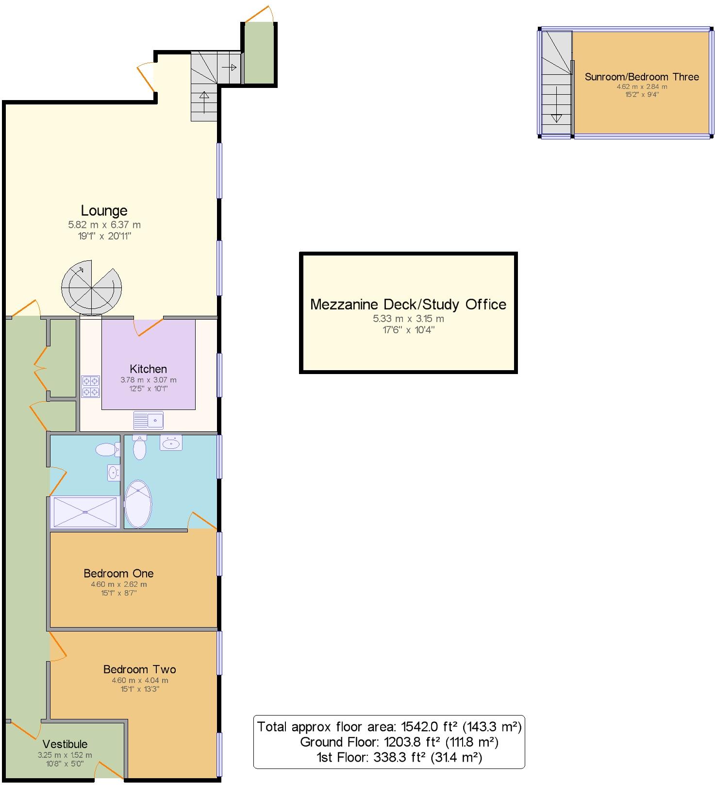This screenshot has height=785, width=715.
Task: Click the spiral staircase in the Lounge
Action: [x=91, y=290]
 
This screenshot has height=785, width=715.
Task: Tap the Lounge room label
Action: [x=104, y=210]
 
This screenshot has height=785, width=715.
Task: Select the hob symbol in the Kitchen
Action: [x=91, y=387]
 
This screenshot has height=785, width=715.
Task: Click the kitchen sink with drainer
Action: [x=149, y=420]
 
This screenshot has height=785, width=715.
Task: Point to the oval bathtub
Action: [x=138, y=504]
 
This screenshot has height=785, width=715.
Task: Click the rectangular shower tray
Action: [x=85, y=512]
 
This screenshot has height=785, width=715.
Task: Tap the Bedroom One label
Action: [x=118, y=573]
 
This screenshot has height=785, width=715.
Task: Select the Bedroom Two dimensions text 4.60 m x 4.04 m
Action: [x=140, y=681]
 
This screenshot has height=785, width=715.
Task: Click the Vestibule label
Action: [x=65, y=744]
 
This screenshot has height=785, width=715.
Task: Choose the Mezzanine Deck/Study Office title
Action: [x=408, y=305]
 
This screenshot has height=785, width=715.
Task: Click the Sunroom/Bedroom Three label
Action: [x=642, y=77]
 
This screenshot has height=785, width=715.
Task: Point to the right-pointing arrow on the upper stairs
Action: [x=230, y=68]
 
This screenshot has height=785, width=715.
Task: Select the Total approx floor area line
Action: [x=389, y=727]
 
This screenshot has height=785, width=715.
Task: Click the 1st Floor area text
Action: [x=399, y=757]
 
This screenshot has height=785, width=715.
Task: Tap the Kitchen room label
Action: [x=148, y=369]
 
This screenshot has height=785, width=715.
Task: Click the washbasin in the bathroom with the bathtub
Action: [x=171, y=443]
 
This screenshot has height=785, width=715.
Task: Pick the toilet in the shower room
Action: [x=107, y=450]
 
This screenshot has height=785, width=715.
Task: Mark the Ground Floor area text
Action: [x=399, y=742]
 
